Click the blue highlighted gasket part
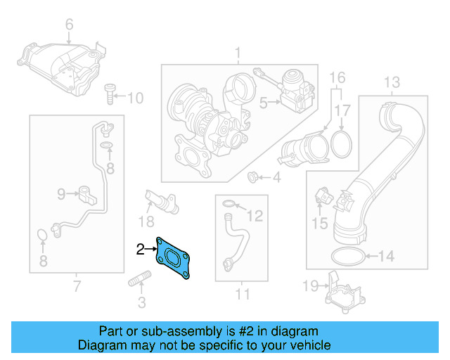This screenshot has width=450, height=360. (175, 258)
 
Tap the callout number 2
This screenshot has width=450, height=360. (140, 248)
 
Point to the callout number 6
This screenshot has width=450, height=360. (69, 26)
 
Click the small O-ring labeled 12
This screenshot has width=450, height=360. (229, 205)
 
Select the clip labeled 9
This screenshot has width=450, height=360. (86, 194)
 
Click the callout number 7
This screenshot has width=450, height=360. (77, 286)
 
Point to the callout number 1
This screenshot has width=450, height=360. (238, 53)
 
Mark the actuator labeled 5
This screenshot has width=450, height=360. (295, 89)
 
